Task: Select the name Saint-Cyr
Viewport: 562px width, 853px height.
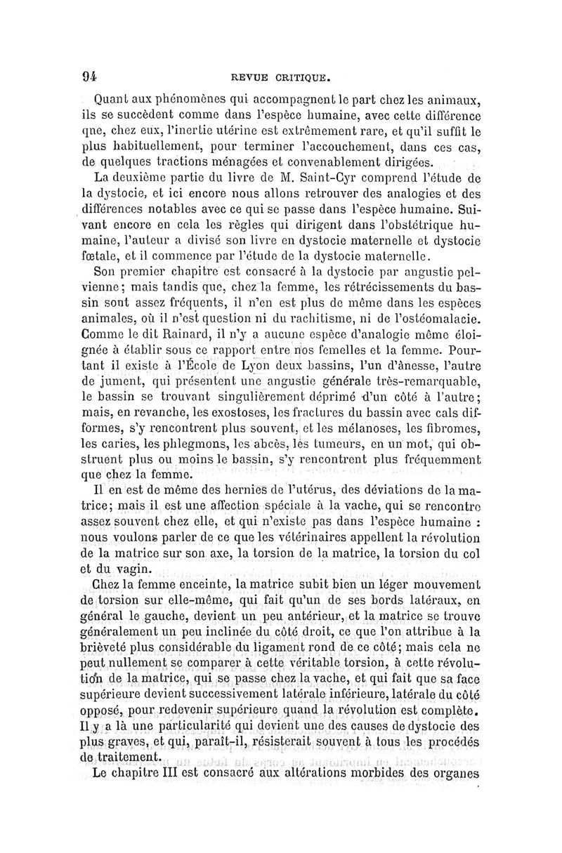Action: pyautogui.click(x=313, y=179)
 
